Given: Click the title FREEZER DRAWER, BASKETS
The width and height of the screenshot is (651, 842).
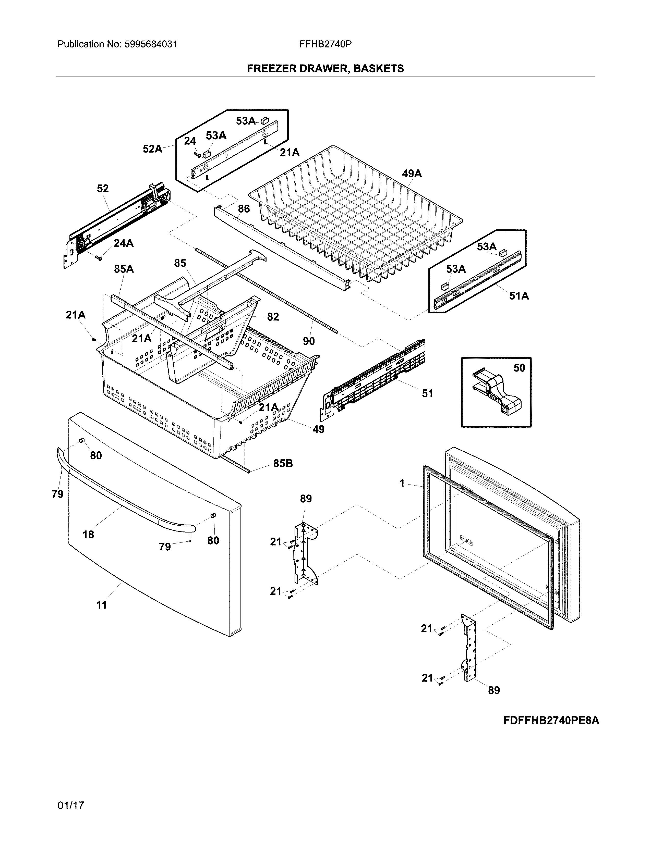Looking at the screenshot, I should coord(325,69).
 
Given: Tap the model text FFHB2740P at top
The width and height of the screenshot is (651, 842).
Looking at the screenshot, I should coord(325,44).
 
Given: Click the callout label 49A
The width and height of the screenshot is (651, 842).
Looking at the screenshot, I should coord(412,174).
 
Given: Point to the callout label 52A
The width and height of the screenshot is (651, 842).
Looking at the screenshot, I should coord(152,149).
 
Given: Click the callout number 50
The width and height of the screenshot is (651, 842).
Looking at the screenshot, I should coord(519,368).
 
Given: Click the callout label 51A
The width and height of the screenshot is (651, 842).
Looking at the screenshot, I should coord(519,296).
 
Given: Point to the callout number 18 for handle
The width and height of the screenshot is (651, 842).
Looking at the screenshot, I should coord(88,534).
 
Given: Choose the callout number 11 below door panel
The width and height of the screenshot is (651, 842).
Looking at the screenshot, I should coord(101,605).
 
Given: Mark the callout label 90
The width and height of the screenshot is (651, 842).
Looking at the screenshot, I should coord(309,341).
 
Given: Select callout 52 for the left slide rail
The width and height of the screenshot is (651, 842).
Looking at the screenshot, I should coord(103,189).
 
